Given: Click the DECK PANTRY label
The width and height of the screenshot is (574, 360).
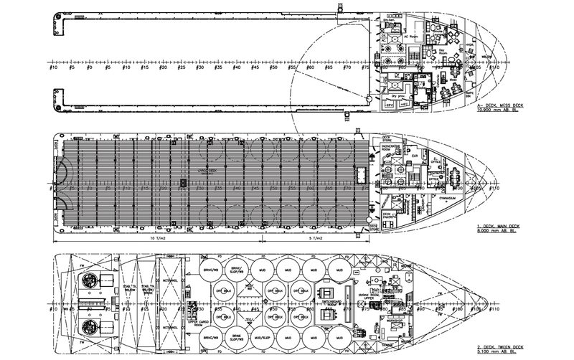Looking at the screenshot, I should click(x=390, y=215).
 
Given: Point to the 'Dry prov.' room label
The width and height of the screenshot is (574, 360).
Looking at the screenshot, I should click(x=393, y=95).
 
